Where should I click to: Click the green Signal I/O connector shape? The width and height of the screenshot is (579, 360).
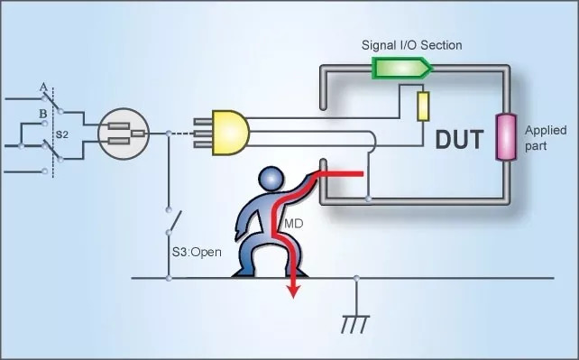click(x=402, y=68)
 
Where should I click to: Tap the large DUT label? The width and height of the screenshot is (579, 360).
click(x=459, y=141)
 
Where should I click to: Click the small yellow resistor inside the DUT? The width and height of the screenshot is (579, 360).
click(x=422, y=106)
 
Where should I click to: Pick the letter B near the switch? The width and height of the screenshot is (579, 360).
click(x=41, y=114)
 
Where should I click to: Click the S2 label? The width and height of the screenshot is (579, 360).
click(x=62, y=133)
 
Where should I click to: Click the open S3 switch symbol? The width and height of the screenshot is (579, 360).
click(x=172, y=219)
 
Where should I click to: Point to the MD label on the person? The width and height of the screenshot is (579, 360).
click(x=293, y=223)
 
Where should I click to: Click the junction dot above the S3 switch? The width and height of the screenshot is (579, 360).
click(x=169, y=133)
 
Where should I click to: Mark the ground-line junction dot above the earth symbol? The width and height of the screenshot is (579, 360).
click(x=357, y=278)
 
